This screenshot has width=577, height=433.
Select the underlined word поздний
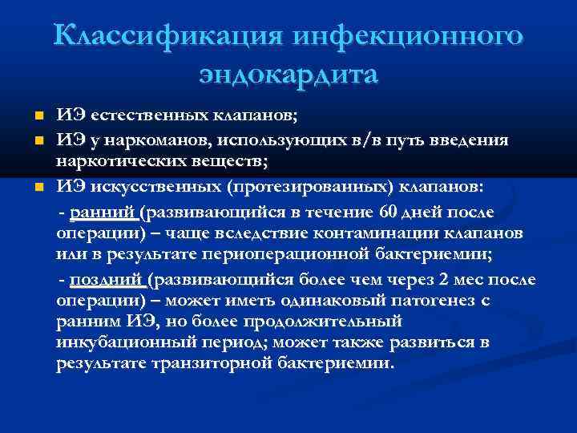(107, 280)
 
